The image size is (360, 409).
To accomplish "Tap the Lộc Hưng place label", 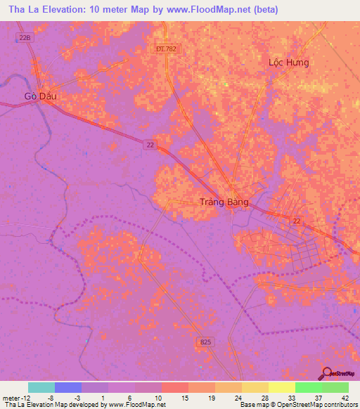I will tap(288, 62).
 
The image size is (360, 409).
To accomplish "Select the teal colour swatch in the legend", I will tap(41, 387).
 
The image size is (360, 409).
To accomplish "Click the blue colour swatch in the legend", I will tap(68, 387).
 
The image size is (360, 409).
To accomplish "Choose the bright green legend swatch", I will tap(308, 387).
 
